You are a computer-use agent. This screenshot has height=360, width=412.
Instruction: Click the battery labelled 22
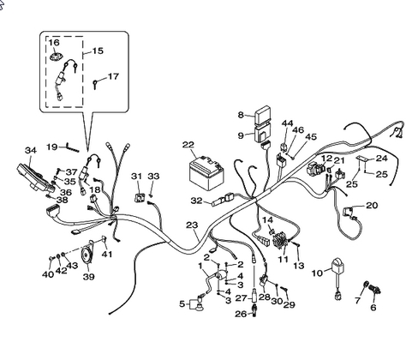pyautogui.click(x=206, y=172)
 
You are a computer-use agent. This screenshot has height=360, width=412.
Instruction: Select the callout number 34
pyautogui.click(x=31, y=150)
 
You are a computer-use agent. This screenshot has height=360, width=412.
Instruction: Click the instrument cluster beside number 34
pyautogui.click(x=36, y=179)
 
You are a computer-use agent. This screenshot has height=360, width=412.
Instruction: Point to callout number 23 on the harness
pyautogui.click(x=192, y=225)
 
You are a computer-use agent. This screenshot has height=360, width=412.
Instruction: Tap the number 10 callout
pyautogui.click(x=317, y=273)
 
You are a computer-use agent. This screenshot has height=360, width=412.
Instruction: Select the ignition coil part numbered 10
pyautogui.click(x=337, y=278)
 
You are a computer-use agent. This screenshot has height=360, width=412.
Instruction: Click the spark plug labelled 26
pyautogui.click(x=254, y=310)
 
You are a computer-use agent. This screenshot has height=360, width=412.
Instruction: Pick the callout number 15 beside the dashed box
pyautogui.click(x=98, y=51)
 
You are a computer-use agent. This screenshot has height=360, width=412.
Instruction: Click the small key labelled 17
pyautogui.click(x=95, y=84)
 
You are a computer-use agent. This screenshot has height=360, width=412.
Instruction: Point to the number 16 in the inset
pyautogui.click(x=54, y=42)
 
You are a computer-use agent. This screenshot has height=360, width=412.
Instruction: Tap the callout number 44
pyautogui.click(x=287, y=123)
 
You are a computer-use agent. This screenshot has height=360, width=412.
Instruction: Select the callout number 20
pyautogui.click(x=372, y=205)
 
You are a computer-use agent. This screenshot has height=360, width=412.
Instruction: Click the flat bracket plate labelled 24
pyautogui.click(x=361, y=159)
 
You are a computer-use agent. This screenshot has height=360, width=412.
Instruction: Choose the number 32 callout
pyautogui.click(x=196, y=201)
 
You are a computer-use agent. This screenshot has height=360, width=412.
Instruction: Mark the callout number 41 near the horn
pyautogui.click(x=107, y=254)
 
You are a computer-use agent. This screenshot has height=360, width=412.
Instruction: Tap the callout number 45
pyautogui.click(x=311, y=136)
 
